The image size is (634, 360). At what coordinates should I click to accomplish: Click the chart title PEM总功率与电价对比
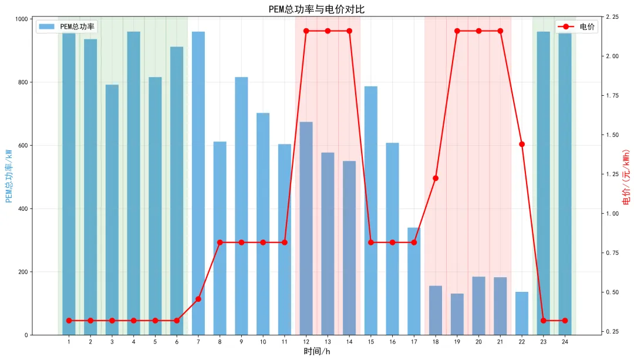click(316, 9)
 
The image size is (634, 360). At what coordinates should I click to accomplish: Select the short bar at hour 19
click(457, 314)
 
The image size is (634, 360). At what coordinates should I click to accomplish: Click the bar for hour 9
click(241, 206)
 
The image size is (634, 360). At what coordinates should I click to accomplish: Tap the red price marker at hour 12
click(306, 31)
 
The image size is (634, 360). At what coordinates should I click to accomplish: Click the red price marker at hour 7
click(198, 299)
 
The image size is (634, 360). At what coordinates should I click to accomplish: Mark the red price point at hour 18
click(436, 178)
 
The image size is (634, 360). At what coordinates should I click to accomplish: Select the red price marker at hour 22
click(522, 144)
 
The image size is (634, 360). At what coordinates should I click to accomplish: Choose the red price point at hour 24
click(565, 321)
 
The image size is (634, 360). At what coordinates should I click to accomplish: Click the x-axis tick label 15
click(371, 341)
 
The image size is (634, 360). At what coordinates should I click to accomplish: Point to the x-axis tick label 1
click(69, 341)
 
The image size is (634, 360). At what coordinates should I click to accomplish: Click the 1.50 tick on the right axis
click(612, 135)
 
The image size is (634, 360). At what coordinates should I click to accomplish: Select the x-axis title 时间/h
click(316, 351)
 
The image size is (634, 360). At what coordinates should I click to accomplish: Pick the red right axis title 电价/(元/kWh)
click(626, 176)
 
